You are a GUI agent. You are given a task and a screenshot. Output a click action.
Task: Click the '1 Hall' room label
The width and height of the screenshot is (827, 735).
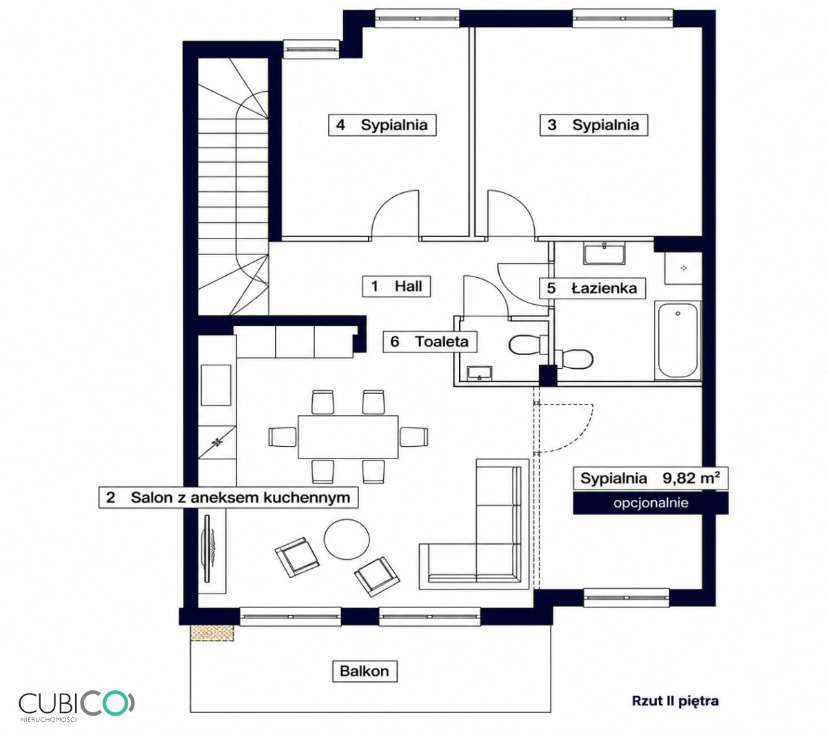click(x=396, y=286)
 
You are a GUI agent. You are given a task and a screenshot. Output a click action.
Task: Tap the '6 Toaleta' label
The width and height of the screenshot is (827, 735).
click(x=430, y=341)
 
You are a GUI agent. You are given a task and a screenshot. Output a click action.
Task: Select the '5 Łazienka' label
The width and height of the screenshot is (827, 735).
click(x=593, y=288)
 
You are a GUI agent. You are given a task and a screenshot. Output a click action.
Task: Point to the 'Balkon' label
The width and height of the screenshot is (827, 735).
click(x=364, y=671)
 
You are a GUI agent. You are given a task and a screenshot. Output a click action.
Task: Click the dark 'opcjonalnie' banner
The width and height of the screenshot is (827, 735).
click(x=651, y=503)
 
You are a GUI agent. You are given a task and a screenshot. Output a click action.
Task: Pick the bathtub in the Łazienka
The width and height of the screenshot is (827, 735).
click(x=678, y=341)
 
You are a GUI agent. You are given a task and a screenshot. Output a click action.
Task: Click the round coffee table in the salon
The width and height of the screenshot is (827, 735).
click(x=347, y=539)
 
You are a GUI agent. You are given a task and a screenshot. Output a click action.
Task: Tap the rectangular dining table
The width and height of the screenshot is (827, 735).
click(x=348, y=436)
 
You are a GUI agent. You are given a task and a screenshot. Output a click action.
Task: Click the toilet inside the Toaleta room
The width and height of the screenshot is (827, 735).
click(x=527, y=345)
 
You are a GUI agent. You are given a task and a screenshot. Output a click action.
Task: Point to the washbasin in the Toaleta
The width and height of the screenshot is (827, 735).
click(x=480, y=373)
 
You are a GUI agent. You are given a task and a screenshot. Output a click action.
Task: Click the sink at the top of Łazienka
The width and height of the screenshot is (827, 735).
click(x=604, y=253)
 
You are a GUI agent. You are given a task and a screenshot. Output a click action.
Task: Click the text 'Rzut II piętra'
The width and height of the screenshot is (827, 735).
click(x=675, y=701)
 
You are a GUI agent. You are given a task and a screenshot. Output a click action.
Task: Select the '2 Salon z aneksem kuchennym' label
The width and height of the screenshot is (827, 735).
click(x=229, y=497)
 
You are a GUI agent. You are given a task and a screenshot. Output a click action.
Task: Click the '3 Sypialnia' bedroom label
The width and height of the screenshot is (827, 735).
click(x=594, y=125)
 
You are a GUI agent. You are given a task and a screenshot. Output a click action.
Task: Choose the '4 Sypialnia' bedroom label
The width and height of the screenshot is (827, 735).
click(x=382, y=125)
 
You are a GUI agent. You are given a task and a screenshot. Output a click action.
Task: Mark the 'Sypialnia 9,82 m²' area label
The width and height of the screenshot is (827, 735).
click(x=651, y=478)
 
